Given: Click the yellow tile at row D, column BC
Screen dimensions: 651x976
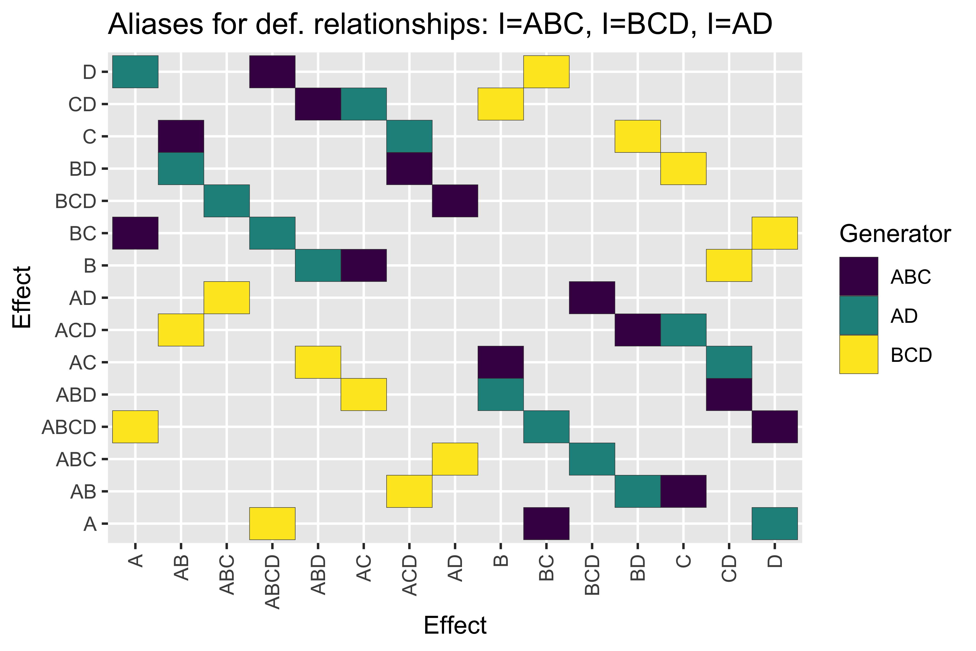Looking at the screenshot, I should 546,72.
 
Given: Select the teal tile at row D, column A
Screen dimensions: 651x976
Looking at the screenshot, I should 135,72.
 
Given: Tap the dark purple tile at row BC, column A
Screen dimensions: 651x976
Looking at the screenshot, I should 135,233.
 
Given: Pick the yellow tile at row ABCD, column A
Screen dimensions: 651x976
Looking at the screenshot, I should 135,427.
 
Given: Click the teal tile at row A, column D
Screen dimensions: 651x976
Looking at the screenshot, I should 774,524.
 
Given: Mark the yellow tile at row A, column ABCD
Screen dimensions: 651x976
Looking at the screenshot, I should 272,524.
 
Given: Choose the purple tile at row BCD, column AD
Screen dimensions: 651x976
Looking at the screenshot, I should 455,201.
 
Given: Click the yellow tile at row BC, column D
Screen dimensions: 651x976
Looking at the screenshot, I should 774,233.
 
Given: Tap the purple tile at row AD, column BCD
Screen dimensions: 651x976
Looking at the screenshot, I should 592,298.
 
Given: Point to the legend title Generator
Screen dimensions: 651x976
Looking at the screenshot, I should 895,234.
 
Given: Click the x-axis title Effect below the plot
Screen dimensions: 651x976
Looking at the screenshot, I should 455,625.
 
